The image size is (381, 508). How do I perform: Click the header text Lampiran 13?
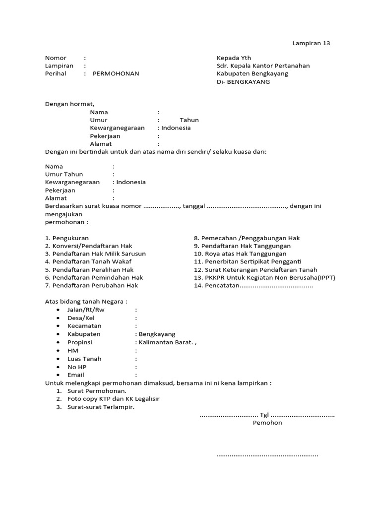coord(311,43)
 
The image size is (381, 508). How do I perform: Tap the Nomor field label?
coord(56,58)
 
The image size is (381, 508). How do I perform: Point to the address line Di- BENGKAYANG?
coord(243,82)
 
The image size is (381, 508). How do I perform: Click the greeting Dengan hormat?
coord(69,104)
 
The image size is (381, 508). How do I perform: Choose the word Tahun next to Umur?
coord(189,120)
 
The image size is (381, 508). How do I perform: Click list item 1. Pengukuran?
coord(67,238)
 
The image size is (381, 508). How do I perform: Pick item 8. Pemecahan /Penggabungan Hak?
coord(247,238)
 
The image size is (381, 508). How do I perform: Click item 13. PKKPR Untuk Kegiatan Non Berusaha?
coord(264,278)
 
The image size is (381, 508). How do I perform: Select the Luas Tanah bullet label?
coord(84,359)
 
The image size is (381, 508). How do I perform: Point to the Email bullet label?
coord(76,375)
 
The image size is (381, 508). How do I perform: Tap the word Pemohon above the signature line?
coord(267,423)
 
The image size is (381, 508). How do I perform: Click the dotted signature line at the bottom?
coord(267,455)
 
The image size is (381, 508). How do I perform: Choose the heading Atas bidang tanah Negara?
coord(86,302)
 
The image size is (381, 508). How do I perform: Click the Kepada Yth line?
coord(234,58)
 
